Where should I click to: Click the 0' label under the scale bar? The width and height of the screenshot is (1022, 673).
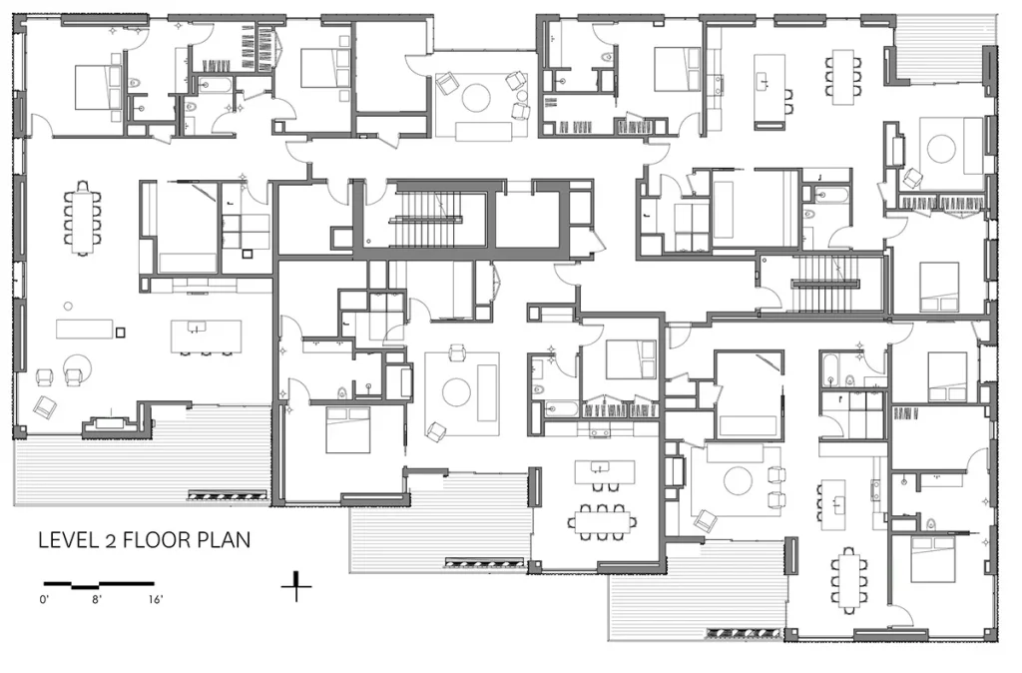pyautogui.click(x=44, y=599)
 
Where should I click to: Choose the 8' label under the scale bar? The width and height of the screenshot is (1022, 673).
pyautogui.click(x=97, y=599)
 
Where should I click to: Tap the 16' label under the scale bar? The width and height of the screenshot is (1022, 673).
pyautogui.click(x=155, y=599)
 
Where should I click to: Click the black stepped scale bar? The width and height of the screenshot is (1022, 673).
pyautogui.click(x=99, y=585)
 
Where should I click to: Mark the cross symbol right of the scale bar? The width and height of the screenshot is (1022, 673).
pyautogui.click(x=296, y=586)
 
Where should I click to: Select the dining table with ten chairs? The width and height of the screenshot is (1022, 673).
pyautogui.click(x=82, y=217)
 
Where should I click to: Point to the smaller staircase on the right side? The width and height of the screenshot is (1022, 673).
pyautogui.click(x=824, y=284)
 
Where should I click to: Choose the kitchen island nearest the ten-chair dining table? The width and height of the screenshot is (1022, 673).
pyautogui.click(x=206, y=336)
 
